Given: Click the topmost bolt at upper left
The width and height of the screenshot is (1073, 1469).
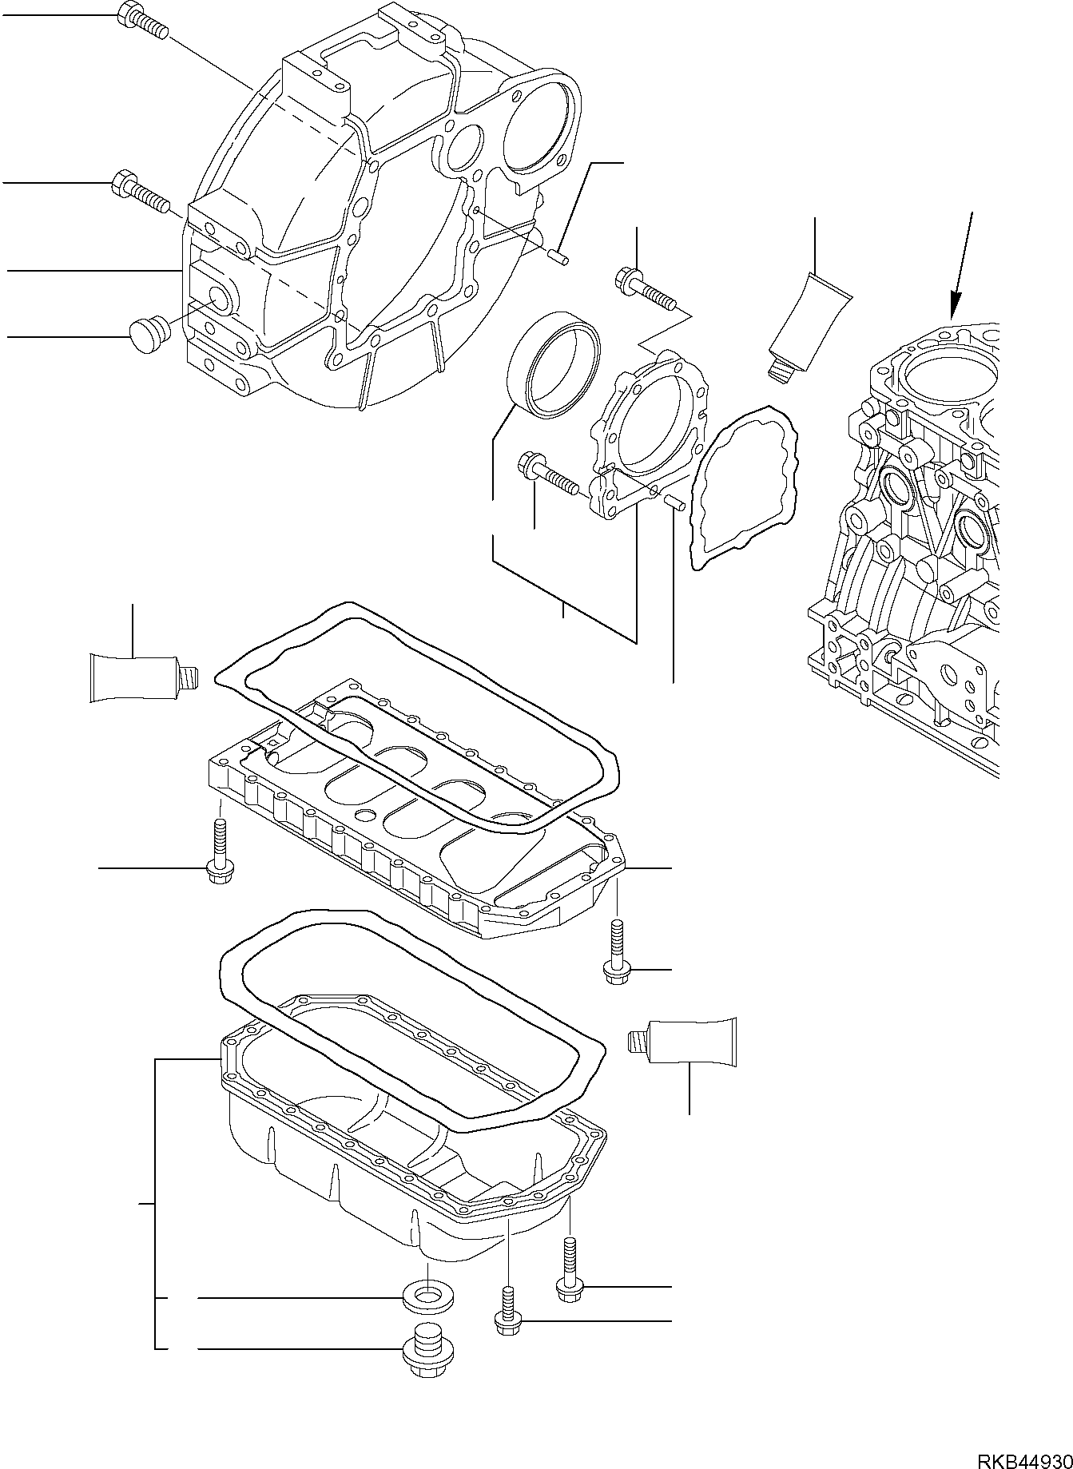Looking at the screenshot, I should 142,21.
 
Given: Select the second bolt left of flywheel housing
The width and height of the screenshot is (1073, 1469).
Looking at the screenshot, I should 137,189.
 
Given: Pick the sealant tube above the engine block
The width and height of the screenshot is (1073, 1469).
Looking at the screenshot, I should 809,323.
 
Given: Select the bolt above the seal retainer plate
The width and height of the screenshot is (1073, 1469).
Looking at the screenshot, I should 646,288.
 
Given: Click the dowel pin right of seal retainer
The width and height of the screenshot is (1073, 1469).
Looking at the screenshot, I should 673,502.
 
